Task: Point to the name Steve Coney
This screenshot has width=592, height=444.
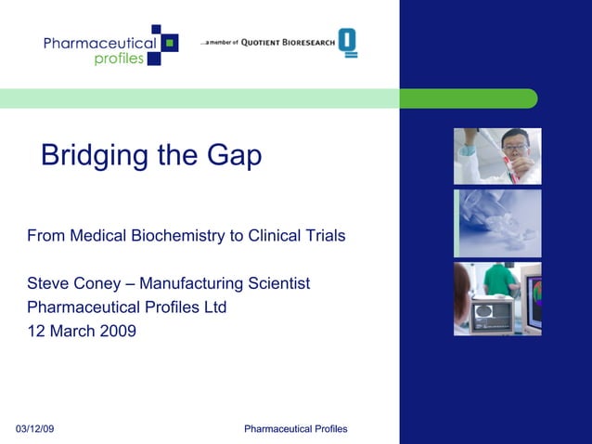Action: (x=71, y=283)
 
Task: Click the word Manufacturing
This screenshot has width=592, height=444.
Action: (x=192, y=283)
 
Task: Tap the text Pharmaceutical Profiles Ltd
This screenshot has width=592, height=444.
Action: (x=126, y=307)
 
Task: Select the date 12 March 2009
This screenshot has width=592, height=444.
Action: (x=82, y=331)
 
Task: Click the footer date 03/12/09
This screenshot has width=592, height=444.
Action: (x=35, y=429)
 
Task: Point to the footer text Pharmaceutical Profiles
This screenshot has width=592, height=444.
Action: (x=295, y=429)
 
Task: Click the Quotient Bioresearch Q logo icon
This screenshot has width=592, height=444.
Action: (x=348, y=43)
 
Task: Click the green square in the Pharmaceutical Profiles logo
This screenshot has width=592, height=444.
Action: (x=169, y=43)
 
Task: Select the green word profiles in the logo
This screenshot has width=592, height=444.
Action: (x=119, y=59)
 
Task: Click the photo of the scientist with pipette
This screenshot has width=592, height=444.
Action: (x=496, y=156)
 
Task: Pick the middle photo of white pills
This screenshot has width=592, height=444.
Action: (x=496, y=223)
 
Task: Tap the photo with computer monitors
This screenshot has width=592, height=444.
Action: (x=496, y=298)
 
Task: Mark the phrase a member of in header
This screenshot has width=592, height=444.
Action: (x=220, y=43)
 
